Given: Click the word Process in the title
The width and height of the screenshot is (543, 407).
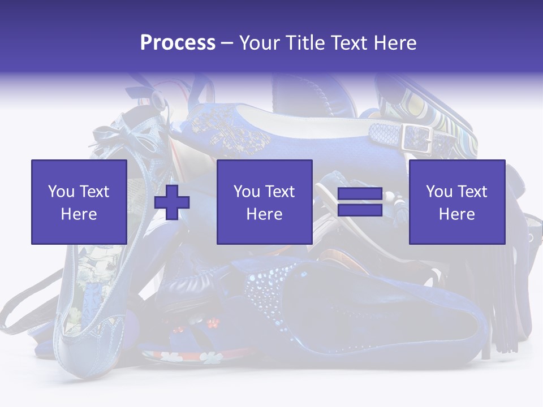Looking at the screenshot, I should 178,43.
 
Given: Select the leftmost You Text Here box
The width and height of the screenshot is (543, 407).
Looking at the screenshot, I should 79,202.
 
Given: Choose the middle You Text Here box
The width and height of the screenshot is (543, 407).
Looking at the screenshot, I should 264,202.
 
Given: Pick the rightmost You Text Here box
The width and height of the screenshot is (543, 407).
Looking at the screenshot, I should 456,202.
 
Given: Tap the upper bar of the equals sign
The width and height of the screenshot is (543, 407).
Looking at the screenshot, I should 360,194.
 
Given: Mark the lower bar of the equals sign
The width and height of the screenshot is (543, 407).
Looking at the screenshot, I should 360,210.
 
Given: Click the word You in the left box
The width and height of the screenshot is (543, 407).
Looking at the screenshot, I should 61,192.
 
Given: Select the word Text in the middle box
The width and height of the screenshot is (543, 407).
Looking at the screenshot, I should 279,192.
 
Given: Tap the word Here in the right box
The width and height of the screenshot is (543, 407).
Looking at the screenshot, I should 456,214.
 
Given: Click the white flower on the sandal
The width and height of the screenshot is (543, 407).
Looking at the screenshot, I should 210,358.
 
